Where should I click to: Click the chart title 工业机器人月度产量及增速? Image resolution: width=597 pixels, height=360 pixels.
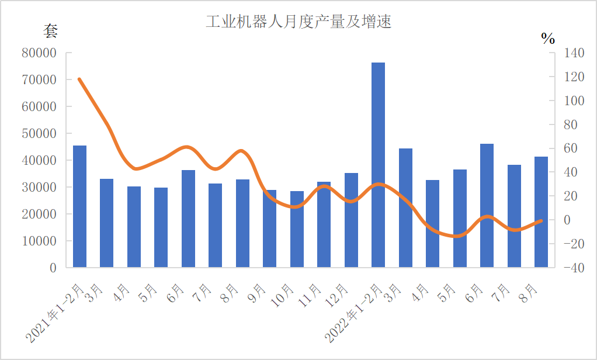(298, 22)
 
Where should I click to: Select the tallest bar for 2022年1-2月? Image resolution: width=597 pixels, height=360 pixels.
(379, 165)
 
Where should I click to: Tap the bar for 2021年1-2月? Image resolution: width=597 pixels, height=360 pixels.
(79, 206)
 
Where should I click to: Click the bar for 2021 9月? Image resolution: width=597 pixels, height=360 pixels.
(269, 229)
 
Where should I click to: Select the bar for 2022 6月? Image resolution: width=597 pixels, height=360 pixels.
(487, 205)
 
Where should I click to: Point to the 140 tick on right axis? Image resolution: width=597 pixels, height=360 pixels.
(574, 53)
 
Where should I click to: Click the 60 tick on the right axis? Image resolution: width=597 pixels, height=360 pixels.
(574, 148)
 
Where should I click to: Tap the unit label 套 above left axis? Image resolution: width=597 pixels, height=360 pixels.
(51, 31)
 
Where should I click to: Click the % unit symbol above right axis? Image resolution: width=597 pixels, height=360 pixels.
(548, 39)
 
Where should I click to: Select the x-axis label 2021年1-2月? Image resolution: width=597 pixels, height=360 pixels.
(56, 313)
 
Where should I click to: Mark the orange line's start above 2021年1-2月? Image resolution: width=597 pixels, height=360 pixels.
(79, 79)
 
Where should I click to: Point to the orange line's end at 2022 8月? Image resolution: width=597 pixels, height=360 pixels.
(541, 221)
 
